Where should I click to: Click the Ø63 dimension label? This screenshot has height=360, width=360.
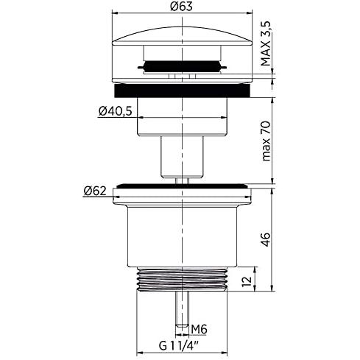(x=181, y=6)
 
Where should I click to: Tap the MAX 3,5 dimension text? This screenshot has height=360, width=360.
(x=266, y=43)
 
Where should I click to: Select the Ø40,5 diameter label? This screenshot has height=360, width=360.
(x=116, y=111)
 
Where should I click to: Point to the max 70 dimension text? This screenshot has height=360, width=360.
(x=266, y=141)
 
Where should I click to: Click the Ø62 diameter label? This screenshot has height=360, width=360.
(x=95, y=191)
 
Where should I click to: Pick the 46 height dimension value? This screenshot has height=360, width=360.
(x=266, y=239)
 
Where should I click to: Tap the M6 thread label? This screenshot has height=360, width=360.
(x=200, y=329)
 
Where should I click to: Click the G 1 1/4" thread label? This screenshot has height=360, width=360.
(x=179, y=346)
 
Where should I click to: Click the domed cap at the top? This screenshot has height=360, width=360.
(x=182, y=36)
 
